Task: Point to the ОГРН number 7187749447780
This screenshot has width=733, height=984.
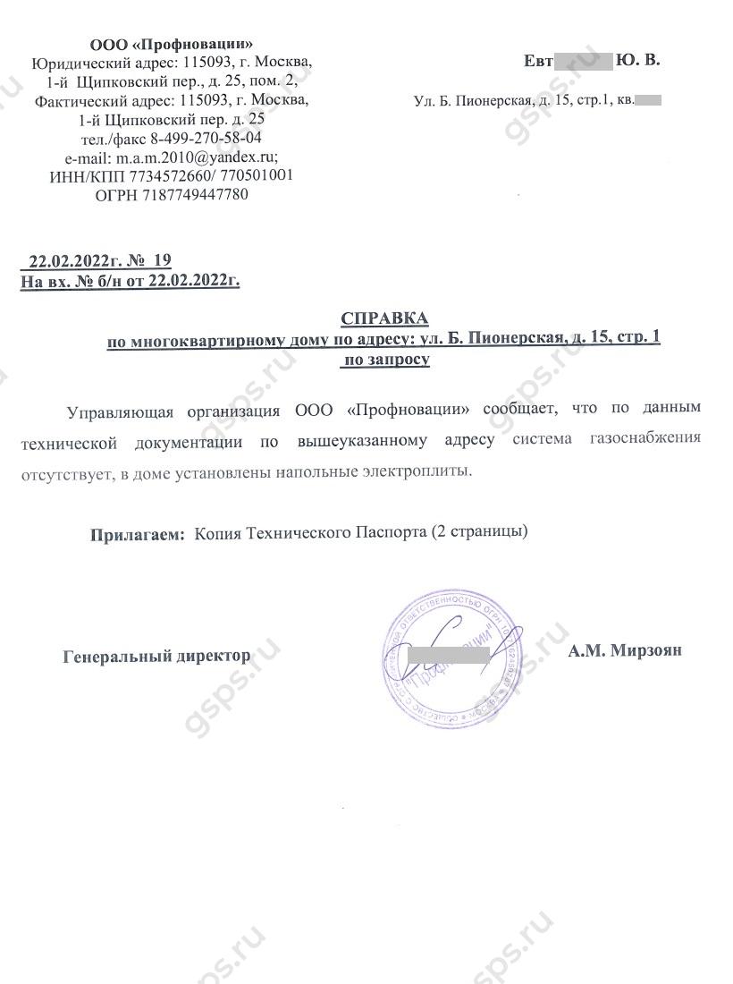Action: (x=195, y=194)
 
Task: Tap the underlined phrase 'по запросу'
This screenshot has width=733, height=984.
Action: (x=384, y=360)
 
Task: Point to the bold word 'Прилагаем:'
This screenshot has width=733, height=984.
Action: (x=137, y=535)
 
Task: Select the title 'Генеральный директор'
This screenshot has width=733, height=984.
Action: (x=157, y=656)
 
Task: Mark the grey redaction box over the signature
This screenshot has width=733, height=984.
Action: (x=448, y=655)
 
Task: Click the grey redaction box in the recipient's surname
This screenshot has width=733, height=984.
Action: (x=582, y=61)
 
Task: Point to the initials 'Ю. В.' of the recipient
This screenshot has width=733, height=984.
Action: (x=638, y=61)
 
